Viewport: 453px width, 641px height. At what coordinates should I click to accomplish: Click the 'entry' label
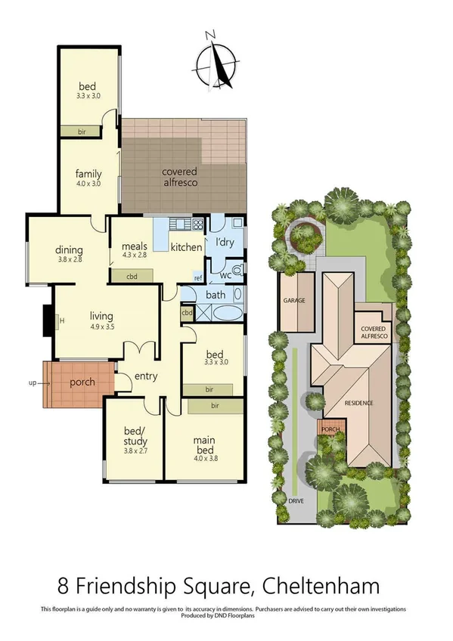tap(144, 376)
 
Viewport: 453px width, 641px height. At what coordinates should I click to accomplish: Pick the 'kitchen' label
tap(186, 247)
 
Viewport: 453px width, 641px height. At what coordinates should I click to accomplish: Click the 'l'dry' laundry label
tap(225, 242)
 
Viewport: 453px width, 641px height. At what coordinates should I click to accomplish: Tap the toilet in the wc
tap(237, 271)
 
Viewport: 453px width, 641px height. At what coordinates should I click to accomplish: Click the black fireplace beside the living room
tap(48, 320)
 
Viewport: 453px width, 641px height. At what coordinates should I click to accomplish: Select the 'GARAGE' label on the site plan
tap(293, 301)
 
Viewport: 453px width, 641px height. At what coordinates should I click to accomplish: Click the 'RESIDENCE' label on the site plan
tap(359, 403)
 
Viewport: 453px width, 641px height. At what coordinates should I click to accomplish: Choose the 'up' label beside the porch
tap(33, 383)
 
